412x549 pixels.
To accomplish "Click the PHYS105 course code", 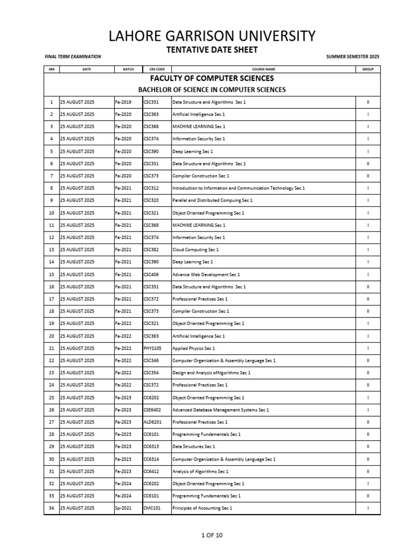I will [152, 348].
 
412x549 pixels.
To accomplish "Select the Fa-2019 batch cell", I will [123, 102].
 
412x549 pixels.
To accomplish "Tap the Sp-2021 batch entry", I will [123, 508].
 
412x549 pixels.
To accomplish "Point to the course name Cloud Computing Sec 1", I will [195, 250].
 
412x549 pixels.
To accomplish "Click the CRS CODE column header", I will [157, 69].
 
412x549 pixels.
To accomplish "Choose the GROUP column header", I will [367, 69].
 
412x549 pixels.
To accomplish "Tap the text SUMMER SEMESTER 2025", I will [352, 56].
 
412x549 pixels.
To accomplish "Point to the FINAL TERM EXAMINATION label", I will [72, 56].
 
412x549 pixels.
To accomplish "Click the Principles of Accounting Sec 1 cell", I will [202, 508].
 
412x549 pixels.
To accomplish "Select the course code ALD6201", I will [152, 422].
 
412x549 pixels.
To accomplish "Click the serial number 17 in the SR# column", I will [51, 299].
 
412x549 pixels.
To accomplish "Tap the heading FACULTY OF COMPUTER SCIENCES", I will [212, 78].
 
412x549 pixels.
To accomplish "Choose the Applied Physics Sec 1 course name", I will [193, 348].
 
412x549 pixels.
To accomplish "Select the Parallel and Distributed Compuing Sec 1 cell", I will [212, 200].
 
